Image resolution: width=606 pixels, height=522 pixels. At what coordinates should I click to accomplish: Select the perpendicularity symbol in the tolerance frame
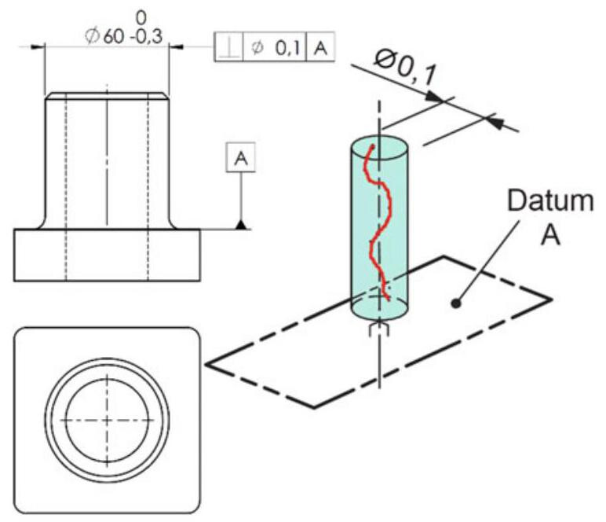point(229,48)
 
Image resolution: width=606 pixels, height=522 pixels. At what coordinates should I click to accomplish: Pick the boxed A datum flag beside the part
point(240,157)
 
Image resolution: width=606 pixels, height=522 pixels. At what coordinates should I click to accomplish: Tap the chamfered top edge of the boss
point(107,97)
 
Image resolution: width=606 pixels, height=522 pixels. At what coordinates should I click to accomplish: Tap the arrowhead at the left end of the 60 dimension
point(38,47)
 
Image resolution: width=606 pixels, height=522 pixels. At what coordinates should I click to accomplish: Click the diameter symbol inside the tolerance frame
point(257,48)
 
